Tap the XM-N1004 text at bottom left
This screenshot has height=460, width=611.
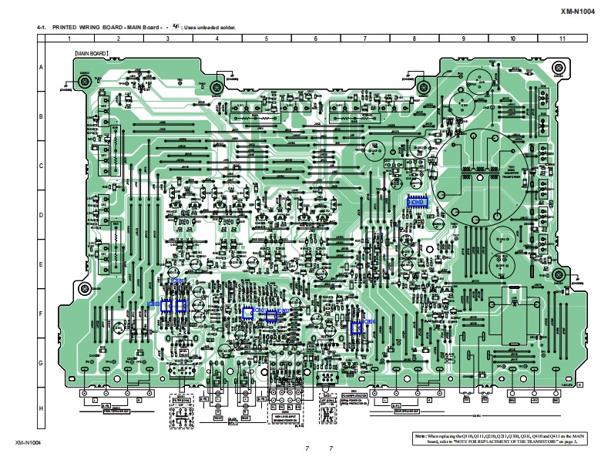(x=27, y=443)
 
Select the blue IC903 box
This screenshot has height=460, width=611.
(x=418, y=203)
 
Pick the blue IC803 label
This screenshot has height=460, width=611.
(x=153, y=305)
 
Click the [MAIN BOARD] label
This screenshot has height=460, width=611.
(x=91, y=54)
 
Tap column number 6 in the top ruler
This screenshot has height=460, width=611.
(x=315, y=39)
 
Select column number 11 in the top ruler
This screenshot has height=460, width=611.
(x=562, y=39)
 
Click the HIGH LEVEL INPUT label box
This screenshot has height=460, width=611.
(x=284, y=416)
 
